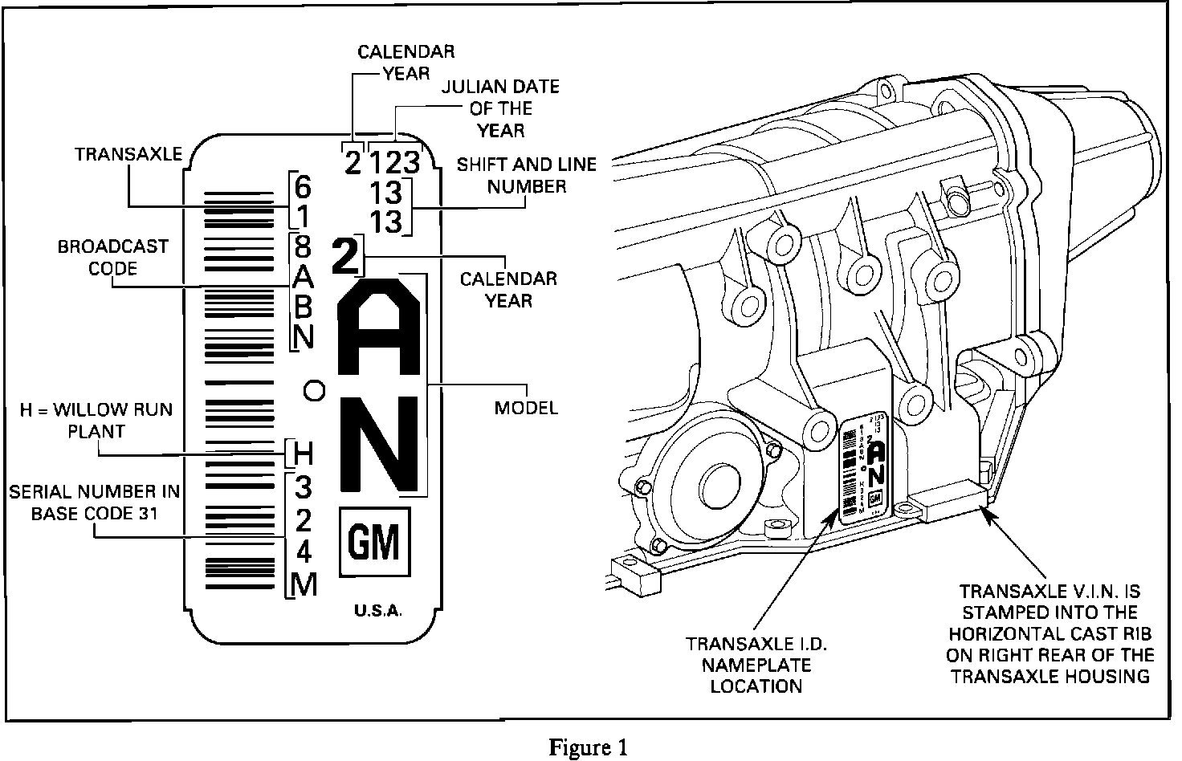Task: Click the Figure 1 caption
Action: [589, 747]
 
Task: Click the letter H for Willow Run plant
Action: [303, 454]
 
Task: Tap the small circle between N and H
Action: [314, 390]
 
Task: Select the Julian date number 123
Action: [394, 164]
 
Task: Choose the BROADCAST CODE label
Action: [112, 257]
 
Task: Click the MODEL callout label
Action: [526, 408]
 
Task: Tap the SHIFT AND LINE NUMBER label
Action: [527, 175]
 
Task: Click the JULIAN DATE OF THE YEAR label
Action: [500, 108]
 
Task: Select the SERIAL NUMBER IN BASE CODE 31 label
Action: [95, 502]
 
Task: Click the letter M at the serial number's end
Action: [304, 585]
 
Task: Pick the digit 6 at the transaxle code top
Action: [302, 188]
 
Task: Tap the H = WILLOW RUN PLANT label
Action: [96, 420]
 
